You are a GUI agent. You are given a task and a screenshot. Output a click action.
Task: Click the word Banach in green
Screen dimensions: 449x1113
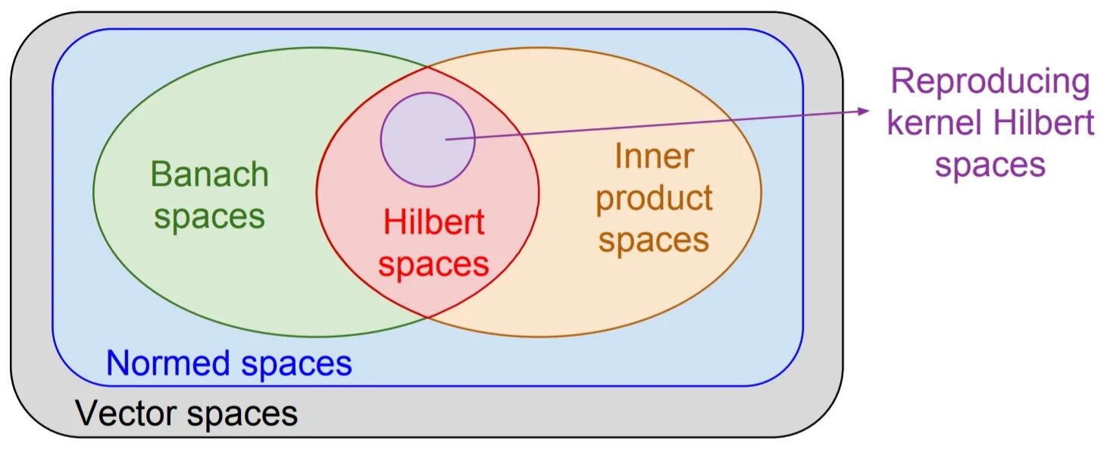(x=210, y=174)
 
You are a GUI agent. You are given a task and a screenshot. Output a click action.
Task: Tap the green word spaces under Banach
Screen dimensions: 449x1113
(x=210, y=217)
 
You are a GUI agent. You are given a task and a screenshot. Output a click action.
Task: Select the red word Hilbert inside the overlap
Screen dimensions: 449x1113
(x=433, y=223)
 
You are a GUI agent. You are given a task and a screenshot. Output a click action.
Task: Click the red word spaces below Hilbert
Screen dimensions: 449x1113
(x=433, y=265)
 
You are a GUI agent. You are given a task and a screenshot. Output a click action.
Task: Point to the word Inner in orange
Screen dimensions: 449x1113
(x=654, y=157)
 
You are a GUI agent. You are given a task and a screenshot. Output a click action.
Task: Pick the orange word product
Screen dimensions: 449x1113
(x=654, y=199)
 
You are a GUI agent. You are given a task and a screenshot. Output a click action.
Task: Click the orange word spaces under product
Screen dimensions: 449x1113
(x=654, y=240)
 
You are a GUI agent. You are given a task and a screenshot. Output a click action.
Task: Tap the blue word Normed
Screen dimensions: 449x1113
(x=170, y=363)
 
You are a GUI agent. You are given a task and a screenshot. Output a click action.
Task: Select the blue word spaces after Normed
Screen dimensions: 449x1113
(x=296, y=365)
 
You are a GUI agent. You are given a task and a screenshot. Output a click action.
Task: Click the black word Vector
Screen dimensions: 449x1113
(x=127, y=414)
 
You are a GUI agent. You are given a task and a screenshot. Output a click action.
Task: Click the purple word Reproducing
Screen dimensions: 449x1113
(x=990, y=82)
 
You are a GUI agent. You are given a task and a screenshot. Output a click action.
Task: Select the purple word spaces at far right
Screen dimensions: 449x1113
(x=990, y=165)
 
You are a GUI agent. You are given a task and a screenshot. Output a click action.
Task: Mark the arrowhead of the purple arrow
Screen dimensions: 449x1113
(x=865, y=111)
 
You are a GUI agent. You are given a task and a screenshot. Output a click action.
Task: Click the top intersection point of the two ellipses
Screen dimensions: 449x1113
(x=428, y=67)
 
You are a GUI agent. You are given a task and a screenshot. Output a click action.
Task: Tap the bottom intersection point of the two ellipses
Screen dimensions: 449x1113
(x=428, y=317)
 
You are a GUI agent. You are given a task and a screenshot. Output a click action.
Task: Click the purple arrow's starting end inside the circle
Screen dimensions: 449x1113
(x=447, y=139)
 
